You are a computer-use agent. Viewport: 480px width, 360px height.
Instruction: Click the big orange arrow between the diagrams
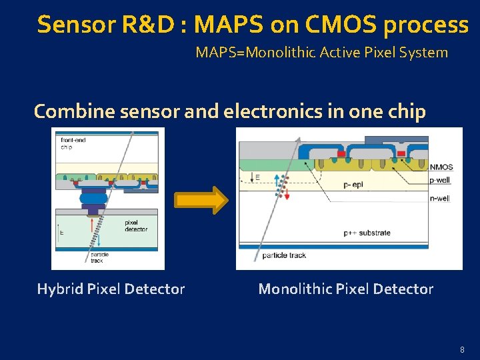[200, 199]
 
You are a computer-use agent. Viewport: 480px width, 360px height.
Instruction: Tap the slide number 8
[461, 350]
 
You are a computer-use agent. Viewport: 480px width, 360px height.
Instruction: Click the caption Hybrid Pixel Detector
[111, 289]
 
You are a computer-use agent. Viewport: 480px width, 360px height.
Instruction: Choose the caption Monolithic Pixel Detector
[345, 289]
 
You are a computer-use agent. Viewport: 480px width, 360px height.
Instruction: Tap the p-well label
[440, 180]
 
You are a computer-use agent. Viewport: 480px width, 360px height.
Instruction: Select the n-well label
[440, 197]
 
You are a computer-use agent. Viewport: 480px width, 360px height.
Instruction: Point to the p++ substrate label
[367, 233]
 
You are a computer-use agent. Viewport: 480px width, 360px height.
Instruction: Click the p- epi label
[354, 183]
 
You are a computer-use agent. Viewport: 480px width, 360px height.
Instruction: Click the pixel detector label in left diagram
[136, 226]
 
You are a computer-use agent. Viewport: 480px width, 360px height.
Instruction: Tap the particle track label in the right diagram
[283, 255]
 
